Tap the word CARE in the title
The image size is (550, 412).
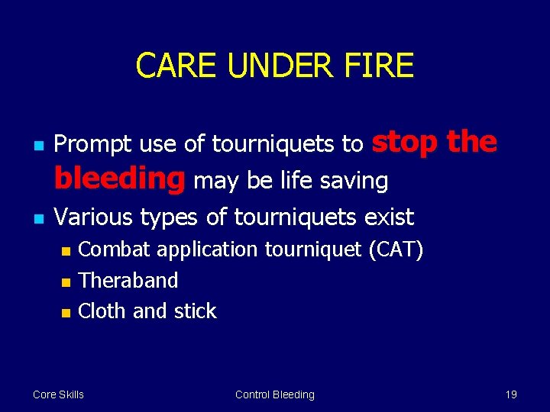pyautogui.click(x=176, y=66)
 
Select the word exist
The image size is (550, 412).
pyautogui.click(x=389, y=217)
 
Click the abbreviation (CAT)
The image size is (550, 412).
pyautogui.click(x=394, y=249)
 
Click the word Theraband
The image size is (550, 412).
pyautogui.click(x=128, y=280)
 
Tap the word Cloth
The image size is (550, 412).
pyautogui.click(x=103, y=311)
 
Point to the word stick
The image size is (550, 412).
pyautogui.click(x=195, y=311)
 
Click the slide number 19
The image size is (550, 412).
pyautogui.click(x=511, y=394)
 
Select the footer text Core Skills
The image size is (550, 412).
pyautogui.click(x=58, y=394)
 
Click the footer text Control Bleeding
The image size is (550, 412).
pyautogui.click(x=274, y=394)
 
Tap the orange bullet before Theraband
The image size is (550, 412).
pyautogui.click(x=66, y=282)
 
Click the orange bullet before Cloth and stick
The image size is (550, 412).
pyautogui.click(x=66, y=312)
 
